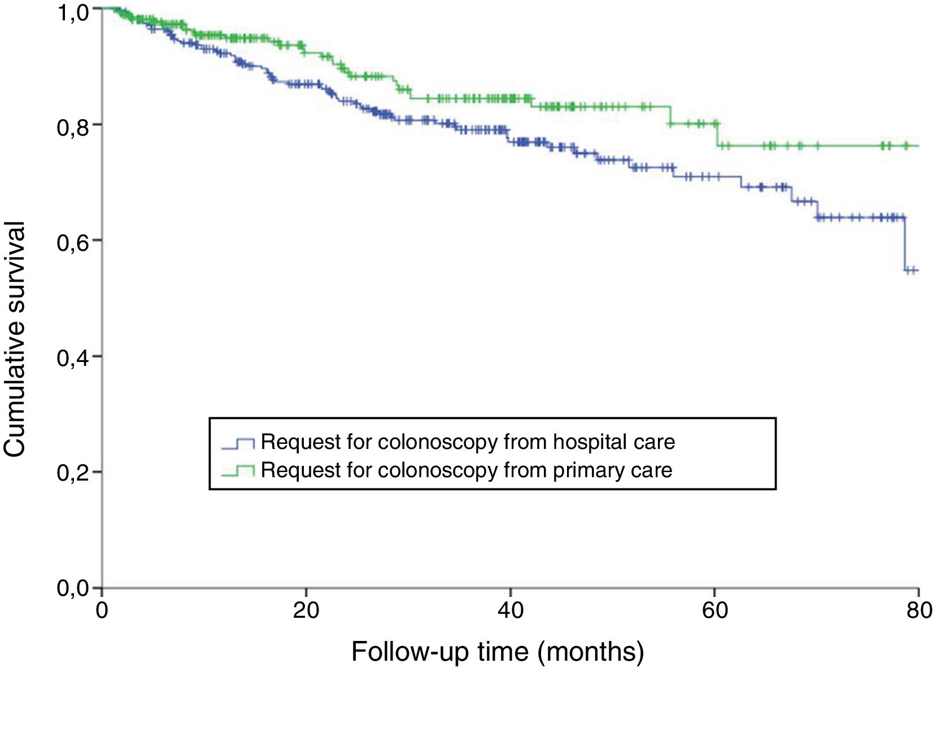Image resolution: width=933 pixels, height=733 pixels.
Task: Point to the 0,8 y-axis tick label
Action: [x=73, y=128]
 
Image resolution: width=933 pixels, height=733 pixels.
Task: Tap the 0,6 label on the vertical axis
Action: [x=73, y=243]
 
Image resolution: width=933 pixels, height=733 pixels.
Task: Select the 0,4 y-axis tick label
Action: [x=73, y=359]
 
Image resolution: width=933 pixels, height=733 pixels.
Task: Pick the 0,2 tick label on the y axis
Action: [x=73, y=474]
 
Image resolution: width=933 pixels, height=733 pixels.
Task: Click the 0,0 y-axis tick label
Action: [x=73, y=588]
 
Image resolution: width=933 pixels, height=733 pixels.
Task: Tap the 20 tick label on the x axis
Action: [x=306, y=611]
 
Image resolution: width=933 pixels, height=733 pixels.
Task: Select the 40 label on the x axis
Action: [x=511, y=611]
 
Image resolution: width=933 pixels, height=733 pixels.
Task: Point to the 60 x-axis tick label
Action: [x=714, y=611]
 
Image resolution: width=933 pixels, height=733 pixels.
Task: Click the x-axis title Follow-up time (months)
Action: [x=498, y=652]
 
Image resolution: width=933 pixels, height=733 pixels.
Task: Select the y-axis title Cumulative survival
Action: [x=15, y=339]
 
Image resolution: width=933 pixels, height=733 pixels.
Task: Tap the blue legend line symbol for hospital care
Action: [x=238, y=443]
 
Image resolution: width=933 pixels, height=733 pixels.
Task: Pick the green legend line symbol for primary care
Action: [x=238, y=470]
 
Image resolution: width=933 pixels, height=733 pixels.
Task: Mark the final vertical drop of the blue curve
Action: [x=905, y=244]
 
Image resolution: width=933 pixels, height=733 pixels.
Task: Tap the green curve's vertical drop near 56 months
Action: [x=670, y=115]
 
